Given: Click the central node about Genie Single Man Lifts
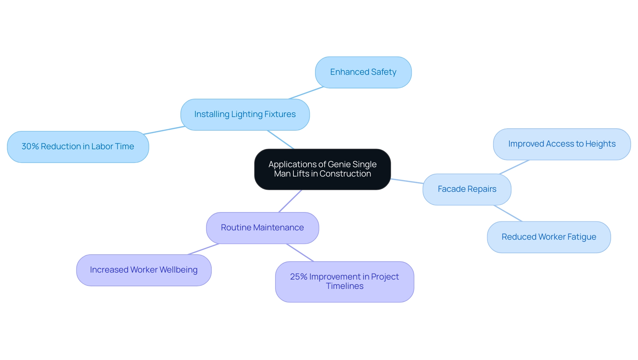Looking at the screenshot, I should point(322,169).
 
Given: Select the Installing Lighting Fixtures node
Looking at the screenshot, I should point(245,114).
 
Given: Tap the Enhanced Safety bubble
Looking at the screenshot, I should point(363,72).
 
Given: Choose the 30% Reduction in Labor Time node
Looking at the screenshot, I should point(78,147).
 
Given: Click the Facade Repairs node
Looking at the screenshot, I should point(467,189).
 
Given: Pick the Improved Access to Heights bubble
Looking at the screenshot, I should point(562,144).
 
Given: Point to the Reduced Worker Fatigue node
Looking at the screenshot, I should point(549,237).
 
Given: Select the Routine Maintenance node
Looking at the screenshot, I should point(262,228).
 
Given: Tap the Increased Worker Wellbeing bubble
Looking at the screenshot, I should point(144,270).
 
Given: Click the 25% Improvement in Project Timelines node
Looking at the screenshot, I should point(344,282).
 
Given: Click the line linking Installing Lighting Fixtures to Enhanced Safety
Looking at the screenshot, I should point(306,93).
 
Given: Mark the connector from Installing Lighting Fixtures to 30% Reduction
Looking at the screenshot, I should point(164,130).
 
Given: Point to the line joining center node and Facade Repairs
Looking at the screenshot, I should point(407,181).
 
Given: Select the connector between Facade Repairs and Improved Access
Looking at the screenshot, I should point(514,167).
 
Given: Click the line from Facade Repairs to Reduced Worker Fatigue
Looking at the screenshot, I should point(508,213).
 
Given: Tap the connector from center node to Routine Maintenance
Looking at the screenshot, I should point(290,201).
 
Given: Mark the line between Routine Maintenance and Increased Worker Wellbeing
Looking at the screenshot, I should point(203,249).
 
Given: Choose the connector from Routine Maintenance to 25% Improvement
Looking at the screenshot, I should point(300,253).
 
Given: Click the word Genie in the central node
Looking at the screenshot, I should point(339,165).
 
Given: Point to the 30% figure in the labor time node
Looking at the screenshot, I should point(30,147).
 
